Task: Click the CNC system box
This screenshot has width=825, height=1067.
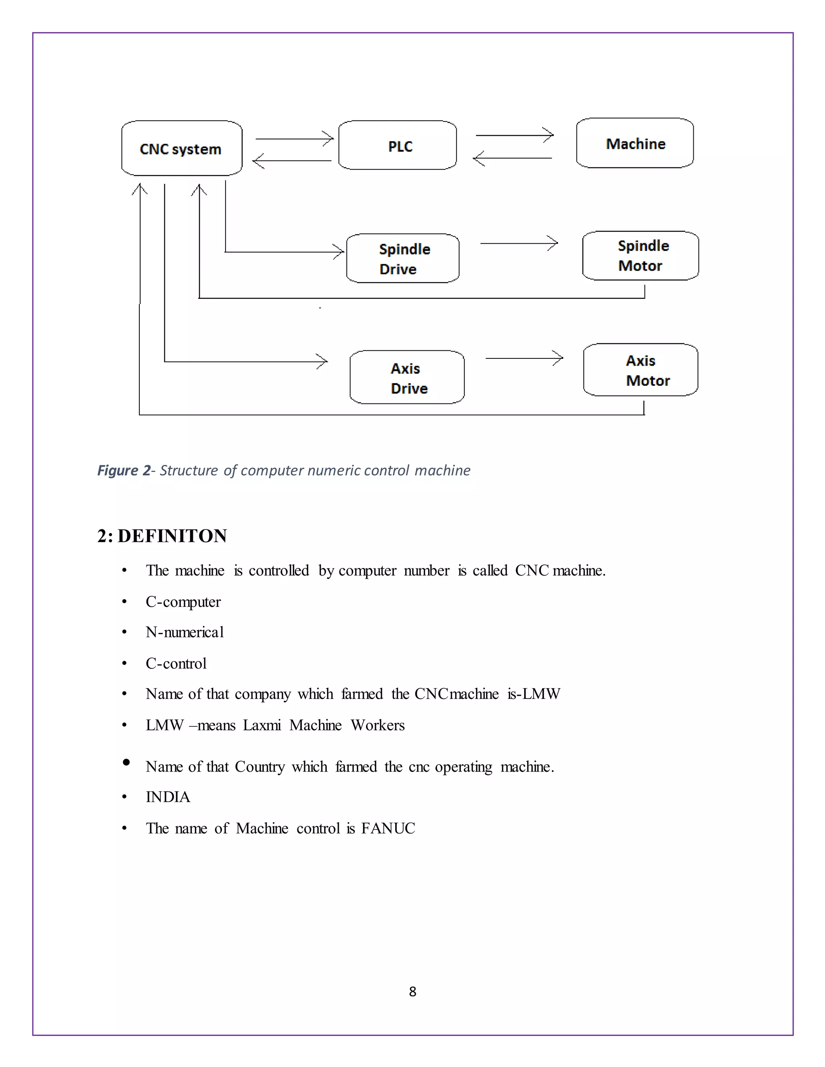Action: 181,148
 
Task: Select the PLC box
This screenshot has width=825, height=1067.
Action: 397,145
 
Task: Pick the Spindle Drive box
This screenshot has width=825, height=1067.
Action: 403,258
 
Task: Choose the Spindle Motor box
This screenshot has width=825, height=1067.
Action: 640,256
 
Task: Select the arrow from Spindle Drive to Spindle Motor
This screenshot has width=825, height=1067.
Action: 518,243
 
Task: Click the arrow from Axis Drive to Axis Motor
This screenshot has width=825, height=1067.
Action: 524,358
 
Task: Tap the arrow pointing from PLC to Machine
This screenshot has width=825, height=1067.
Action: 514,135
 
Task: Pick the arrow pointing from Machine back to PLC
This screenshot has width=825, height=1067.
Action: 513,158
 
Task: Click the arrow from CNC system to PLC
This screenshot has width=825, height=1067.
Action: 294,139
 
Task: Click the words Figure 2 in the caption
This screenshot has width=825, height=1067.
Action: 124,470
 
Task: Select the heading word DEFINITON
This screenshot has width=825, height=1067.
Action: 172,536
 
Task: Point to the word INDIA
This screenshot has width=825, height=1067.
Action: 168,797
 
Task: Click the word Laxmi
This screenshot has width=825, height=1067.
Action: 262,725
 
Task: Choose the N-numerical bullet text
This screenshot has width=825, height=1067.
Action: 185,632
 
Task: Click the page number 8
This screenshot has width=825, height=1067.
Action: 412,991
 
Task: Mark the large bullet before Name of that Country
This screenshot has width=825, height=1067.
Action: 126,762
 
